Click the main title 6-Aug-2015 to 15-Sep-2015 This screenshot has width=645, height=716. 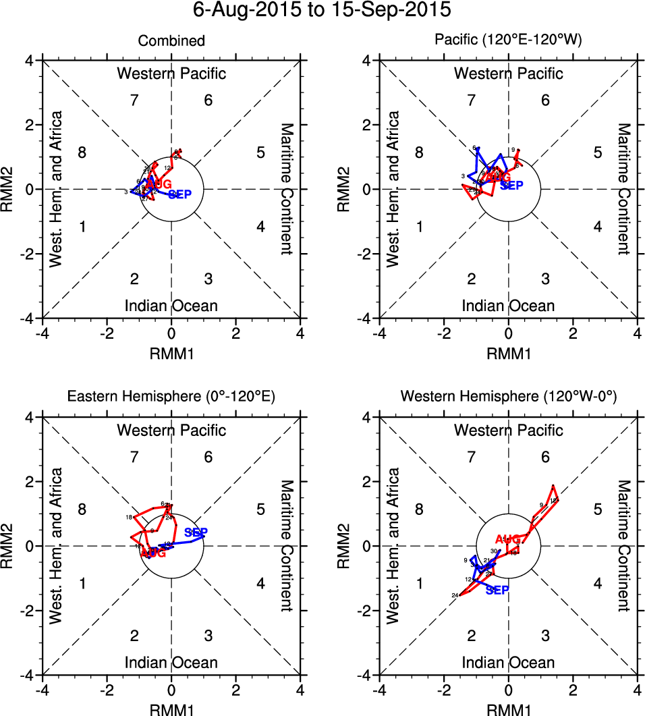322,11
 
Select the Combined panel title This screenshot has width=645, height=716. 171,42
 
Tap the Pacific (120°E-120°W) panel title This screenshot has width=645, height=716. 508,42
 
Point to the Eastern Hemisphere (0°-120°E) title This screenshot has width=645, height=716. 171,397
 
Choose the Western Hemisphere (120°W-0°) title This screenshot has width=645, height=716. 508,397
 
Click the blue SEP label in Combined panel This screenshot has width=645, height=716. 180,195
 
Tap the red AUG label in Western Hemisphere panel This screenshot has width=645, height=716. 508,539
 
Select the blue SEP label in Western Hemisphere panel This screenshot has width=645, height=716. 497,590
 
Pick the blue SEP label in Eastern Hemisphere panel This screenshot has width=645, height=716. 196,532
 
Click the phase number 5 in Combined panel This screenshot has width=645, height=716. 260,153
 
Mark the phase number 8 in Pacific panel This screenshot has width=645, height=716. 419,153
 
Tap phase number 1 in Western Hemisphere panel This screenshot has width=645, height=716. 419,583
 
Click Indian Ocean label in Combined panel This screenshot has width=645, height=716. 171,306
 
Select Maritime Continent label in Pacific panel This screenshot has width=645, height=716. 623,189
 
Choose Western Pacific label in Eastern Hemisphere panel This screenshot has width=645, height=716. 171,430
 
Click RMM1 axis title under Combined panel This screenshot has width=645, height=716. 171,351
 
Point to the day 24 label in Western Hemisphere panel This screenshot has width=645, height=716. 455,595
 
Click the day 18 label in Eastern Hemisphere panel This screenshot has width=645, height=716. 128,518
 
